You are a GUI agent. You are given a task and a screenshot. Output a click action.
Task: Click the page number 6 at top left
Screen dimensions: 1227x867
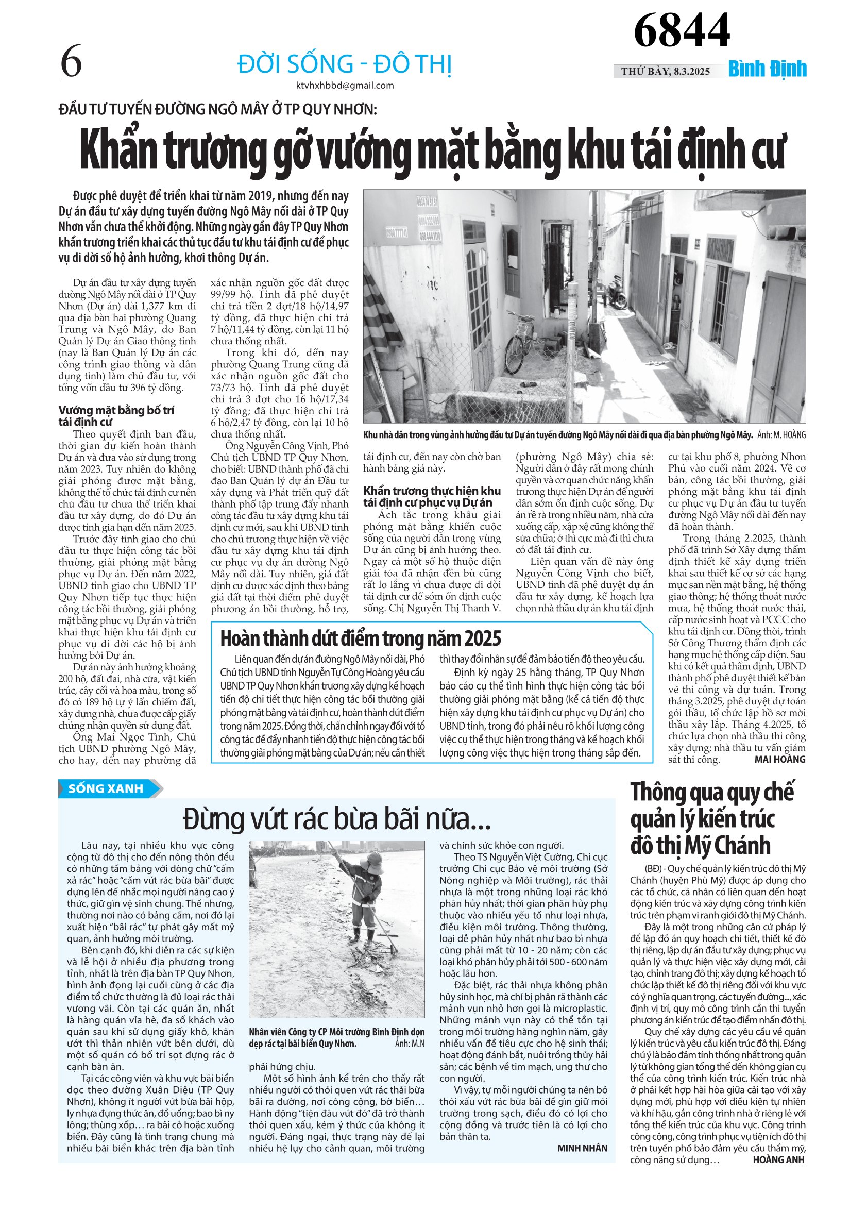pyautogui.click(x=72, y=62)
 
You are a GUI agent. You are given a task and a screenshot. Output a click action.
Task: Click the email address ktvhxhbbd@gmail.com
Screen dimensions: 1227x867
pyautogui.click(x=345, y=86)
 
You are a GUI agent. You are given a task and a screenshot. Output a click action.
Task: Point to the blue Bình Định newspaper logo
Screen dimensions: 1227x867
pyautogui.click(x=767, y=70)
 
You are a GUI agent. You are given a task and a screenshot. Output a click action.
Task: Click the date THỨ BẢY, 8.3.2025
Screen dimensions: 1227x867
pyautogui.click(x=665, y=71)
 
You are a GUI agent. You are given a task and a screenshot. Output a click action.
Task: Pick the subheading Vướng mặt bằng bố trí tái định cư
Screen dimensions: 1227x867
pyautogui.click(x=116, y=416)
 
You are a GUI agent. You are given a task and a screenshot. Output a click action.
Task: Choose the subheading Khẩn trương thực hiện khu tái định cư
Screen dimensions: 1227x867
pyautogui.click(x=432, y=496)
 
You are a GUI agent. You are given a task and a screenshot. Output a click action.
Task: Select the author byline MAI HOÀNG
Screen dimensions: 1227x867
pyautogui.click(x=779, y=760)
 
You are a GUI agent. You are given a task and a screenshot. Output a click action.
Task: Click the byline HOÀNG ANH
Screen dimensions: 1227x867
pyautogui.click(x=778, y=1159)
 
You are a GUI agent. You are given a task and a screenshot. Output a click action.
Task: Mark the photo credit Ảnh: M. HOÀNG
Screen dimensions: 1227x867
pyautogui.click(x=781, y=435)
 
